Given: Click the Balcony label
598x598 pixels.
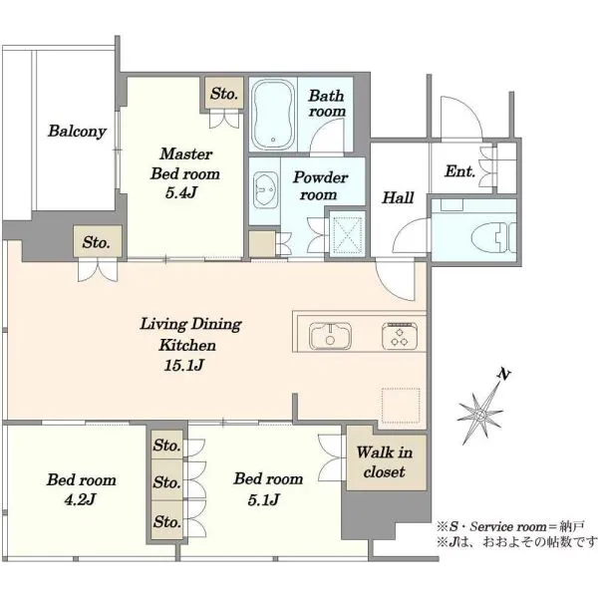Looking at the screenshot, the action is click(x=77, y=132).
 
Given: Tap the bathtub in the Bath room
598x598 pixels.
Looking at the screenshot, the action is click(x=273, y=115).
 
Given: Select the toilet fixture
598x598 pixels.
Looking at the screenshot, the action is click(x=493, y=238).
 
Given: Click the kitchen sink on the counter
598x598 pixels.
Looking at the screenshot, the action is click(x=330, y=336).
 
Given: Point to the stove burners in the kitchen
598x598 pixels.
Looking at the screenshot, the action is click(x=400, y=336).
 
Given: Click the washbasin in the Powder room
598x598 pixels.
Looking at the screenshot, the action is click(x=265, y=189).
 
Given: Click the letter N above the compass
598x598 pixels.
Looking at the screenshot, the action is click(x=503, y=374).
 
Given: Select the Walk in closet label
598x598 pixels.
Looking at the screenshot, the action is click(x=385, y=462).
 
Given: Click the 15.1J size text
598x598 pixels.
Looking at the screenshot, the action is click(x=184, y=366).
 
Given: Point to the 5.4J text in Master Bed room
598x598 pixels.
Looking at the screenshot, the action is click(x=181, y=192).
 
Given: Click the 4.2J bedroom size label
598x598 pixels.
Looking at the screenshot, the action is click(x=80, y=499).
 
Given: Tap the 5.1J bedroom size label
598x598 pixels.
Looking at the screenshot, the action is click(x=264, y=499).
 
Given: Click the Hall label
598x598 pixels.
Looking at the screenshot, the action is click(x=398, y=197).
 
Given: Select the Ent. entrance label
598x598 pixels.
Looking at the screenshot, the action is click(x=460, y=171).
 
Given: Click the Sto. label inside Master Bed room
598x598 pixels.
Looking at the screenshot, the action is click(x=224, y=94).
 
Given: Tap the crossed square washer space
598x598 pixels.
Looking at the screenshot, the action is click(x=347, y=234).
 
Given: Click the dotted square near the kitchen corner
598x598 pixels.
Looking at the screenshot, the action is click(x=401, y=406).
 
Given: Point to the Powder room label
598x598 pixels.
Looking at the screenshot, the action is click(x=320, y=186).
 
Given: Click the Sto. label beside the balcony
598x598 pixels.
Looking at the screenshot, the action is click(x=96, y=242).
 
